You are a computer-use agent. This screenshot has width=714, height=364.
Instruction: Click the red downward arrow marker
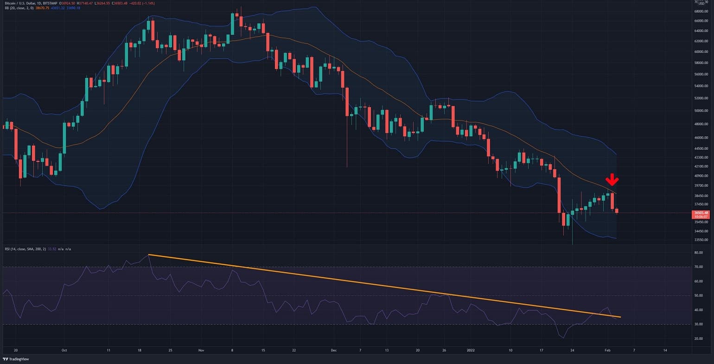[612, 180]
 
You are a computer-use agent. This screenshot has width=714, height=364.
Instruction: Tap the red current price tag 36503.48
[700, 213]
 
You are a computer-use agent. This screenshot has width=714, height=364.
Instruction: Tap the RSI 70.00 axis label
[699, 267]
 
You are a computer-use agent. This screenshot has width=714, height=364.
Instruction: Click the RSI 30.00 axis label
[699, 324]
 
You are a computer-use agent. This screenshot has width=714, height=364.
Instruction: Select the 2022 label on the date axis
[471, 350]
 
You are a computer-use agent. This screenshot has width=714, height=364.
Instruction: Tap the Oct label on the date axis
[64, 350]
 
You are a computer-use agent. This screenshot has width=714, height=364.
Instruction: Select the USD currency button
[701, 3]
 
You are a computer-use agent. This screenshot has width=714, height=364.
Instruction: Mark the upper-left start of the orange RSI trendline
[148, 255]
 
